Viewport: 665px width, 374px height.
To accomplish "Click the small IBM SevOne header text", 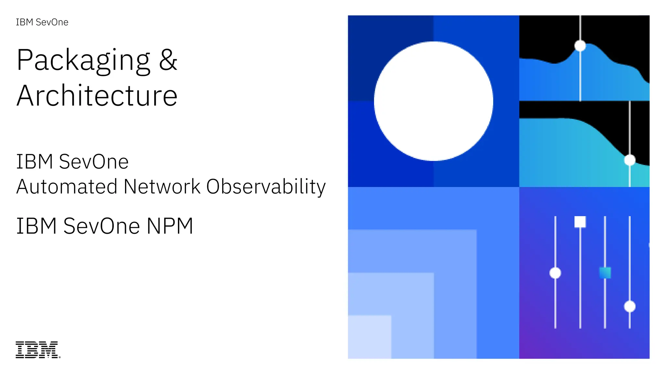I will click(42, 22).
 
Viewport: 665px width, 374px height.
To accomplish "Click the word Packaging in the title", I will click(83, 60).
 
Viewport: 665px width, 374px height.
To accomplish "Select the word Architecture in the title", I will click(97, 96).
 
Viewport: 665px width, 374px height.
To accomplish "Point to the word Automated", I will click(67, 187).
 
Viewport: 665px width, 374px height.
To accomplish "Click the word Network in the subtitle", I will click(162, 187).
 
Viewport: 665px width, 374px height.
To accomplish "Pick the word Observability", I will click(266, 187).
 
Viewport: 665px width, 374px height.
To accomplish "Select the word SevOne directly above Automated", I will click(94, 162).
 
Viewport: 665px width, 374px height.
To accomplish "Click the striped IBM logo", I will click(37, 350).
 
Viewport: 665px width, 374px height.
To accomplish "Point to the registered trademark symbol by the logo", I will click(59, 357).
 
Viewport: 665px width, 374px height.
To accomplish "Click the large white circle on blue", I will click(433, 101).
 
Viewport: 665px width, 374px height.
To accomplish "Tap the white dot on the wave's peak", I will click(580, 46).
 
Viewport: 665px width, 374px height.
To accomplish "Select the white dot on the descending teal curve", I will click(630, 160).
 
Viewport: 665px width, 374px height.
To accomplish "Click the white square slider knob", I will click(580, 222).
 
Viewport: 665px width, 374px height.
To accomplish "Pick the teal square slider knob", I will click(605, 273).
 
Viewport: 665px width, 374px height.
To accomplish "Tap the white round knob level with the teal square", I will click(555, 273).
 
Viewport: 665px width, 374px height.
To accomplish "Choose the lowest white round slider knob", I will click(630, 306).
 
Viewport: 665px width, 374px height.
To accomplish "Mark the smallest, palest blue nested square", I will click(370, 337).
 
